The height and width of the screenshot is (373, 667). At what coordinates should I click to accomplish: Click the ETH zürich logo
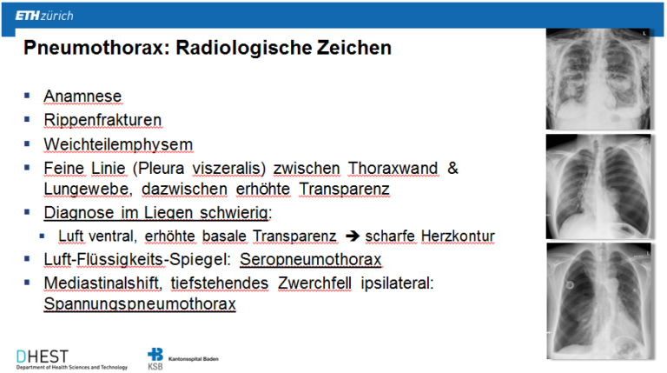(44, 16)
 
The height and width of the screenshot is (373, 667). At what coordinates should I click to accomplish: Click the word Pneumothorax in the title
(94, 48)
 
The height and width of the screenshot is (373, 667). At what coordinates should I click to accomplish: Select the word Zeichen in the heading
(354, 48)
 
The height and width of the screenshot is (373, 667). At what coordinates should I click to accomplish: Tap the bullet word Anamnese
(83, 97)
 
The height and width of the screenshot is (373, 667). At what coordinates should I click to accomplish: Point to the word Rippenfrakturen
(102, 120)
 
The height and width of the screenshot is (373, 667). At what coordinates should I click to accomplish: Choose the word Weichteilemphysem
(118, 144)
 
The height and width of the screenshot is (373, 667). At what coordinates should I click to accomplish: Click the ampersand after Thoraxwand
(452, 168)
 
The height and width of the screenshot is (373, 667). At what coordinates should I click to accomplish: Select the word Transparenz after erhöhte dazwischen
(344, 189)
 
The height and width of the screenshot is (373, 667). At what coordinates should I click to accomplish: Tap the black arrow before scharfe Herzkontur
(353, 236)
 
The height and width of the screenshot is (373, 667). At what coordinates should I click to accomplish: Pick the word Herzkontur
(458, 236)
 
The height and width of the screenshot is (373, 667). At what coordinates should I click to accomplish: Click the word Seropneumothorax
(311, 259)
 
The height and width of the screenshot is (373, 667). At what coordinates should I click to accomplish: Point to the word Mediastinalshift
(102, 283)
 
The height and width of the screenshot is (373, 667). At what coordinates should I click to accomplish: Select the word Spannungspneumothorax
(140, 304)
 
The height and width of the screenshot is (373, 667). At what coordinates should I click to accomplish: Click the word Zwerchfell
(314, 283)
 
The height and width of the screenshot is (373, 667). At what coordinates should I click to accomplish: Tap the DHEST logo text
(42, 356)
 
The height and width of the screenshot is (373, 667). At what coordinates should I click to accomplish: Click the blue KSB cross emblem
(155, 354)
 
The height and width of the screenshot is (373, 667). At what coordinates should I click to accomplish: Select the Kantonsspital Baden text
(193, 359)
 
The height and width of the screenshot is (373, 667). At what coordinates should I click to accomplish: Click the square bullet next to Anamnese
(27, 96)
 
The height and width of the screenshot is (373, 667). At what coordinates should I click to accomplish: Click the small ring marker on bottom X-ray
(570, 285)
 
